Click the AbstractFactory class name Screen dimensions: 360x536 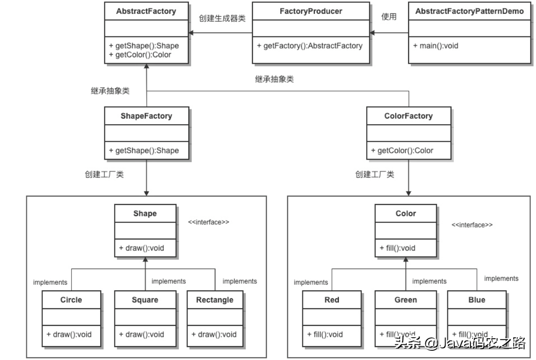(146, 11)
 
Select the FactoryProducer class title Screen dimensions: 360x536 (311, 11)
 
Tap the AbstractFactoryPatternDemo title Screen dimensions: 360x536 (470, 11)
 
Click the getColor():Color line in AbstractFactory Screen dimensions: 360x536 (140, 54)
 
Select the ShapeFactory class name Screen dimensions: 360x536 (146, 116)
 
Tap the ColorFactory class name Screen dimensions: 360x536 (408, 116)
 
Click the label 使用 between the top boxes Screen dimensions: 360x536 (389, 16)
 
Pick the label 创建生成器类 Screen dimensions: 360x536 (222, 18)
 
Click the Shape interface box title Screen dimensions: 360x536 (145, 214)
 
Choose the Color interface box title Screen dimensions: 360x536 (405, 214)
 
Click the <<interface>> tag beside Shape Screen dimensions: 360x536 (209, 222)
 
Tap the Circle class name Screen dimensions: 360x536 (71, 300)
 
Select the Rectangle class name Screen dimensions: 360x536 (215, 300)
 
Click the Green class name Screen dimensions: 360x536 (405, 300)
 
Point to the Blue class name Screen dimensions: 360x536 (476, 300)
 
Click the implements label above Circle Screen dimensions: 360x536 (50, 282)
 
